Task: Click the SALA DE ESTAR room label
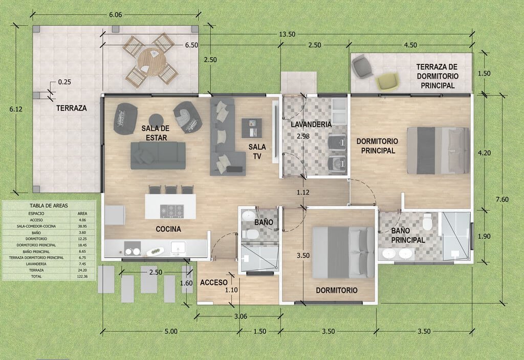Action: click(156, 133)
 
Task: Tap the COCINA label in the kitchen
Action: click(168, 229)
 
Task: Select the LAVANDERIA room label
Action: click(311, 125)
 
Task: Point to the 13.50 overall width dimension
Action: click(288, 34)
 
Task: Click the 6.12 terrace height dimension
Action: click(16, 109)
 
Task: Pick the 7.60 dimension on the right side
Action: click(503, 199)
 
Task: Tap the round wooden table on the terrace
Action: click(151, 62)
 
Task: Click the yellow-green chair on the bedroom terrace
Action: click(388, 81)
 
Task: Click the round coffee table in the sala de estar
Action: click(156, 120)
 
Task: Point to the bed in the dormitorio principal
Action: click(438, 151)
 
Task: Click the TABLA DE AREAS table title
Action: click(49, 206)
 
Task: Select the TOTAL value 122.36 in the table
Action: click(82, 277)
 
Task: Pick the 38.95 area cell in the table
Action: click(82, 227)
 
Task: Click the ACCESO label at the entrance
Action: click(214, 283)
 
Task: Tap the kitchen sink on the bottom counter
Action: click(178, 247)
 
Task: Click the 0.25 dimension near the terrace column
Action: click(64, 82)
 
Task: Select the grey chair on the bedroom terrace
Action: click(362, 66)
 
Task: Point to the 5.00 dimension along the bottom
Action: click(171, 331)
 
